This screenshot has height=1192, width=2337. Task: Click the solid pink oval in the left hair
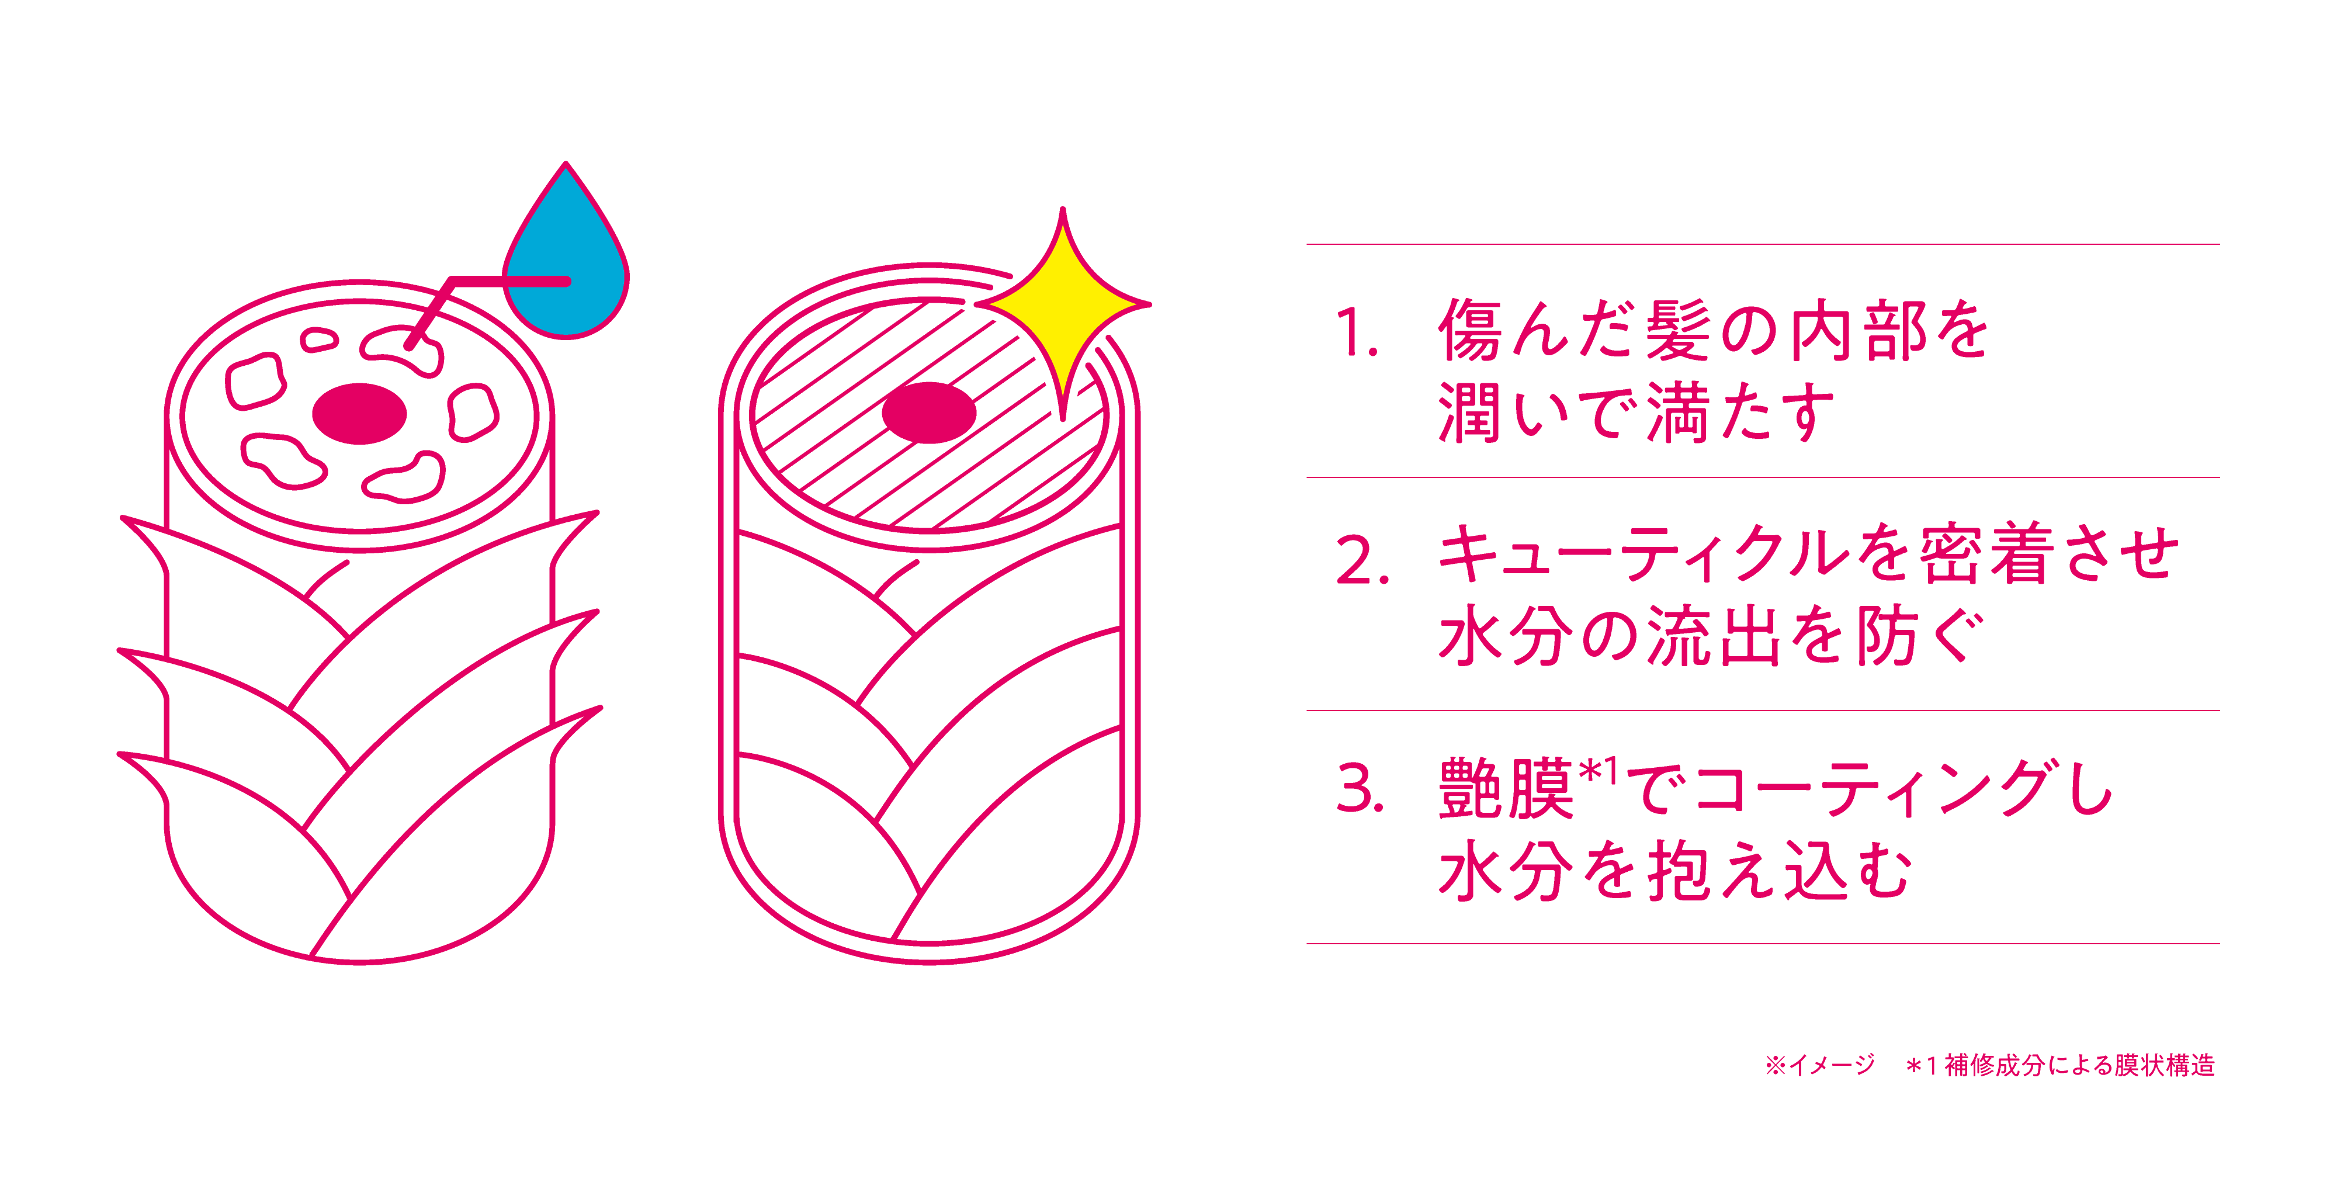click(359, 414)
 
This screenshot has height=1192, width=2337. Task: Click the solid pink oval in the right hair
click(929, 413)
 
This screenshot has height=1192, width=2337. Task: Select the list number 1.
click(1355, 334)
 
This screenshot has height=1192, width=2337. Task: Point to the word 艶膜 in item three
click(1506, 789)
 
